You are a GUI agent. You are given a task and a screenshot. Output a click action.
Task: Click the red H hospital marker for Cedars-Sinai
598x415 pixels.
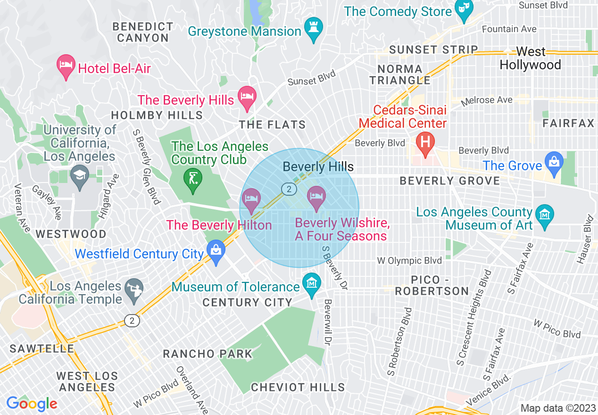(425, 143)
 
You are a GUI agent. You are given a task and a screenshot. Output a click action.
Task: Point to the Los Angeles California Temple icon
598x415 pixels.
(133, 290)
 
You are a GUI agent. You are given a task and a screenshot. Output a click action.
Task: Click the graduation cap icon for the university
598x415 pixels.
(79, 175)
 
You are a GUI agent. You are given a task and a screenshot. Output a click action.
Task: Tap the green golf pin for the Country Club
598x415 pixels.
(193, 180)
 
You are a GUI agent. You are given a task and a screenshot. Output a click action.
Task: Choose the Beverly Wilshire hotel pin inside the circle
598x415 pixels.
(316, 198)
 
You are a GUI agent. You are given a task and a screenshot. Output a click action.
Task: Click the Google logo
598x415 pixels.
(32, 404)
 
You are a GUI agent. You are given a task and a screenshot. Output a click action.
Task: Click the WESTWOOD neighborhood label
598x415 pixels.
(71, 234)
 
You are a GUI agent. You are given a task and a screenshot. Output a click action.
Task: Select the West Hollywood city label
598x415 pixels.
(531, 58)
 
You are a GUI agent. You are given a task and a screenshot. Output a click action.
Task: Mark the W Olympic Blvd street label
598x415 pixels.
(409, 260)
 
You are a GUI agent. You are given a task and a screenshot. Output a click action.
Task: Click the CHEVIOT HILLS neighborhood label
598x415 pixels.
(298, 387)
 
